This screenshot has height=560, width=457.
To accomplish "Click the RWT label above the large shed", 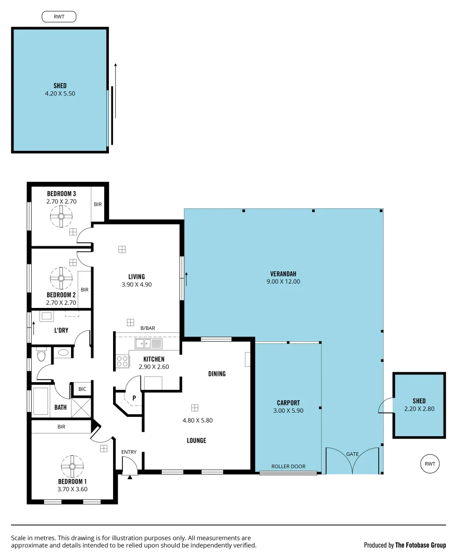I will click(59, 17).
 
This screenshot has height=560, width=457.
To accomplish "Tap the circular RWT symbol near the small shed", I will click(430, 463).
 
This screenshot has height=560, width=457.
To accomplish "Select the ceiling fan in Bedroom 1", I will click(70, 466).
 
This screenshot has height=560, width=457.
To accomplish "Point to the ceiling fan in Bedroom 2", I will click(61, 278).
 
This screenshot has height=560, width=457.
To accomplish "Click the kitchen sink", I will click(148, 343).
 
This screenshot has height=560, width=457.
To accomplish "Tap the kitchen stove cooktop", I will click(122, 361).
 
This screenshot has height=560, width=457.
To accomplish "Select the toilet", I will click(41, 355).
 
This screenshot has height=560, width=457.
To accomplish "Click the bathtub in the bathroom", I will click(41, 401).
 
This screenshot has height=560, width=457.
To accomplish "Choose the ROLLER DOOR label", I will click(289, 466).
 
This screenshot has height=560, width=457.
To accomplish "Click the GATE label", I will click(352, 454).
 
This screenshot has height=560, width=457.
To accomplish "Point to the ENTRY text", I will click(129, 452).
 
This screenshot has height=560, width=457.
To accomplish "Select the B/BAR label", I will click(148, 328).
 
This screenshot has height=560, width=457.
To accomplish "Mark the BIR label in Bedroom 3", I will click(98, 204).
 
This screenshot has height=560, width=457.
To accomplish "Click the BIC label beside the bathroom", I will click(82, 388).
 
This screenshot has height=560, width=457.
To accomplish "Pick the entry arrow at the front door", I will click(129, 477).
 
